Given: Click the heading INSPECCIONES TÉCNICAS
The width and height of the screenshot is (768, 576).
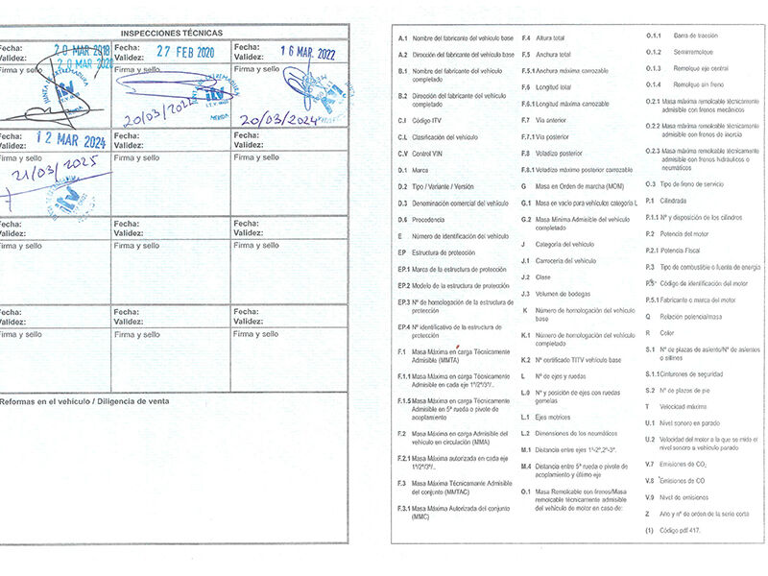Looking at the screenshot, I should point(173,33).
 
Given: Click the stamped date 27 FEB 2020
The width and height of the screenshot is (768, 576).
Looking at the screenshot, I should point(185,53).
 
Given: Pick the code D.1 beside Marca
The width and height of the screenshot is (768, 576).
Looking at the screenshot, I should point(402,170).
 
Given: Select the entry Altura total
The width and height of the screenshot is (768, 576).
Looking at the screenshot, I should point(551,37).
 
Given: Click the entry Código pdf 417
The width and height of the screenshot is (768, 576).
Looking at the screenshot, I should point(683,530).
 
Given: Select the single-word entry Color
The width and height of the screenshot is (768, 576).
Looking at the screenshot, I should point(668,332).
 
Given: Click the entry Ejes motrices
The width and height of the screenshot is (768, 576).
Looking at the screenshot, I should point(553,417).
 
